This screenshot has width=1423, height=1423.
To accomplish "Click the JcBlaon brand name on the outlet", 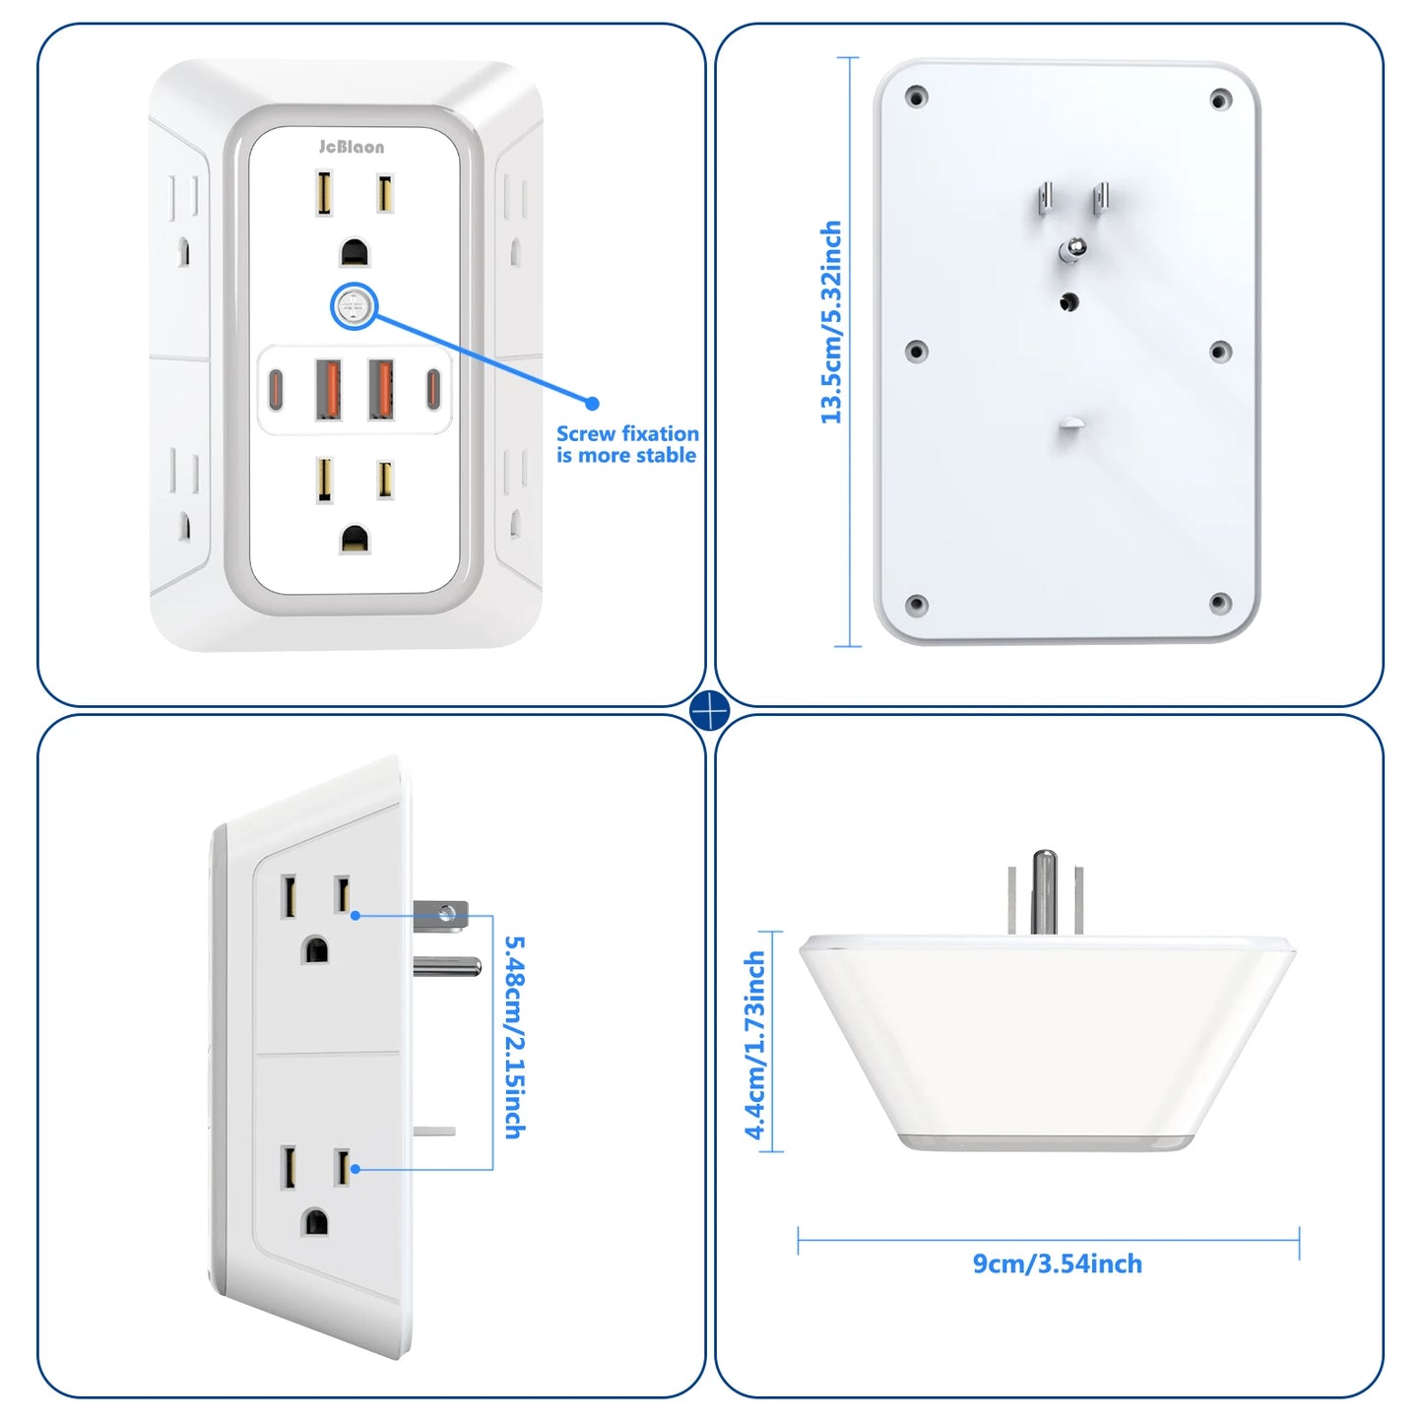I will coord(352,147).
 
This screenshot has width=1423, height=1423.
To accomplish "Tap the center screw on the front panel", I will coord(353,307).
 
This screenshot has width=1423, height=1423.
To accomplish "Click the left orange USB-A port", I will coord(328,390).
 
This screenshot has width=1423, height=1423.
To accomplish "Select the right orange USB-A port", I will coord(381,390).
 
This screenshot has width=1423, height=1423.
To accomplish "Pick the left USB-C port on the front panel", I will coord(277,390).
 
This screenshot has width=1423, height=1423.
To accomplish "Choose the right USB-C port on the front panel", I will coord(432,389).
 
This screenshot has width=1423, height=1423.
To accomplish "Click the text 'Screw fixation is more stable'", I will coord(627,444).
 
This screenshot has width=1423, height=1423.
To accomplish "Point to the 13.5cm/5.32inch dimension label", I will coord(832,322).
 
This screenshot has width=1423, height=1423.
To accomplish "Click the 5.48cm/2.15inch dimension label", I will coord(515,1037).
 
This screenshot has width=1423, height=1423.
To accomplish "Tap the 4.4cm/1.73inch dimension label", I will coord(755,1045).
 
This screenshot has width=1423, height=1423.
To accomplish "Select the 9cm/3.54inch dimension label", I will coord(1058,1263).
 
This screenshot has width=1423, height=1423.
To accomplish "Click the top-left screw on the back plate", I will coord(916,97).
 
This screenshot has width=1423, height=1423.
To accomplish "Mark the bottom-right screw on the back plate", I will coord(1220,603).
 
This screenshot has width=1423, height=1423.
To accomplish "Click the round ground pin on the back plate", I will coord(1071,250).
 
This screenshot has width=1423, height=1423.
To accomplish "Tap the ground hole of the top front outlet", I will coord(355,253).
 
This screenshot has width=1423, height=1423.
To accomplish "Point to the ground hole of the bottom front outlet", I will coord(355,539).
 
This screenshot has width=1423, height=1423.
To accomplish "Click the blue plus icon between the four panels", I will coord(710,711).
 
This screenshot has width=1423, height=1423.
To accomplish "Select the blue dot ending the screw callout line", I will coord(592,403).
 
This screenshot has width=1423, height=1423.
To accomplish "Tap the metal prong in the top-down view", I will coord(1044,891).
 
